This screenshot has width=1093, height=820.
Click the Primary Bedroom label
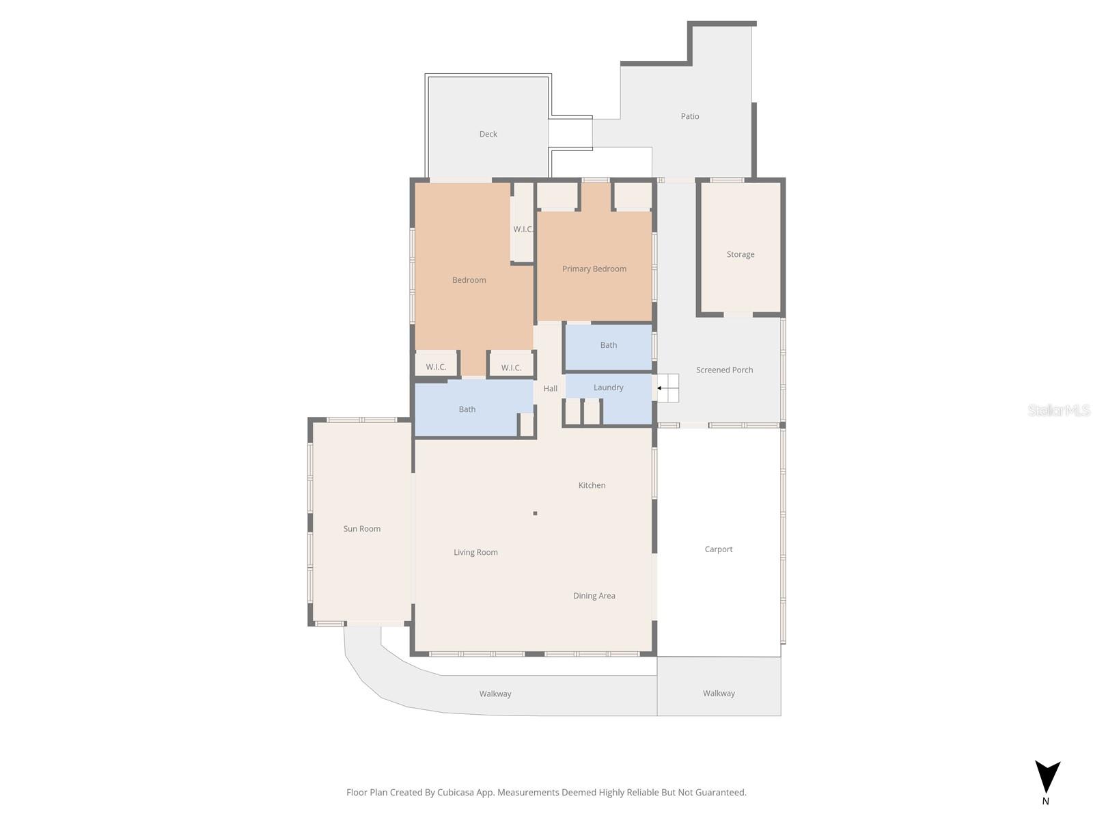pyautogui.click(x=594, y=269)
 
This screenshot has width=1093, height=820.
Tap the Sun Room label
pyautogui.click(x=361, y=529)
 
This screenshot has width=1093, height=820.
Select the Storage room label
pyautogui.click(x=740, y=254)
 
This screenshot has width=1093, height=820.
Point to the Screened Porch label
pyautogui.click(x=724, y=370)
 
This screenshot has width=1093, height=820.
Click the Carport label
pyautogui.click(x=718, y=549)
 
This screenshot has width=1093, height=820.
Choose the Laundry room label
pyautogui.click(x=608, y=387)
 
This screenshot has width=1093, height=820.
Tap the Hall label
pyautogui.click(x=550, y=388)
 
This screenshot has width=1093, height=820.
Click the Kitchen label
pyautogui.click(x=592, y=485)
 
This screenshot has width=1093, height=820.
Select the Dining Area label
pyautogui.click(x=594, y=595)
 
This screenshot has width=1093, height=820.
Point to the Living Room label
pyautogui.click(x=475, y=552)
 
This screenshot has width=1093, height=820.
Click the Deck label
pyautogui.click(x=488, y=134)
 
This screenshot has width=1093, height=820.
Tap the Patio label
pyautogui.click(x=690, y=116)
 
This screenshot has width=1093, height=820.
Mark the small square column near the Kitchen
pyautogui.click(x=535, y=513)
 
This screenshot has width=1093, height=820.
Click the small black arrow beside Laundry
pyautogui.click(x=659, y=388)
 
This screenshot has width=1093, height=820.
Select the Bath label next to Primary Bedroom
pyautogui.click(x=608, y=345)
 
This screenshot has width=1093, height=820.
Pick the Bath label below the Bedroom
pyautogui.click(x=467, y=409)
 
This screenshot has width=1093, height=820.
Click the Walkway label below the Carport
pyautogui.click(x=719, y=693)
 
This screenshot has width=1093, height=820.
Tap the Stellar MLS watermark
pyautogui.click(x=1059, y=410)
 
